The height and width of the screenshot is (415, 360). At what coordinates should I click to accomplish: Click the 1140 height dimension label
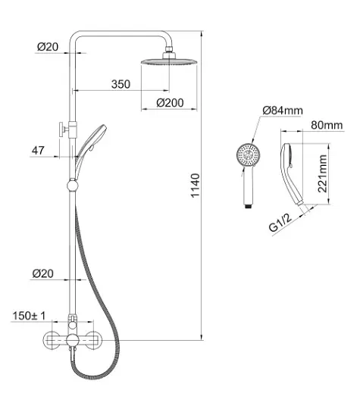pos(195,186)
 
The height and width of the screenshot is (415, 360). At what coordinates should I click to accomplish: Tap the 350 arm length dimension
pos(121,84)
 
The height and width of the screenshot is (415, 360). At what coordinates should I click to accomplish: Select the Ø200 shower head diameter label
pos(170,103)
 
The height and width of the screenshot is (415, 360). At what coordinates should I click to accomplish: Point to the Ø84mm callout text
pos(283,111)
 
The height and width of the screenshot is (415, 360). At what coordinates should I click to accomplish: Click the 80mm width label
pos(327,125)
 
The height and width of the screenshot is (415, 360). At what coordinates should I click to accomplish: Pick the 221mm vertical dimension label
pos(322,173)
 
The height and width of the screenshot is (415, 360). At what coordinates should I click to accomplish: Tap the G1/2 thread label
pos(280,223)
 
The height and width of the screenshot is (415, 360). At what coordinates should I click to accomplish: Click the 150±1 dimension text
pos(29,316)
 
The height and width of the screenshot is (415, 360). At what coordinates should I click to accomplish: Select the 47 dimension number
pos(38,151)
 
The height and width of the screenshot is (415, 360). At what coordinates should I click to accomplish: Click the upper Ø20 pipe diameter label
pos(48,47)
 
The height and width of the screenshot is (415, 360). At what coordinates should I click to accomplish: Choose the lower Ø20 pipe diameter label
pos(43,273)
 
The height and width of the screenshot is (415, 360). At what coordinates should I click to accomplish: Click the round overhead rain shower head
pos(169,62)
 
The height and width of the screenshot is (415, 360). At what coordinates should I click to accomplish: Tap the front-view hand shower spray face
pos(248,154)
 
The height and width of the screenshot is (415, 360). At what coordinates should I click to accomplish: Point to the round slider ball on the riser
pos(72,186)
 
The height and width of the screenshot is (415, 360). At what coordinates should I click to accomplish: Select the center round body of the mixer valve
pos(72,340)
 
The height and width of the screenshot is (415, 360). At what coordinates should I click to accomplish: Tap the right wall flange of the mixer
pos(92,340)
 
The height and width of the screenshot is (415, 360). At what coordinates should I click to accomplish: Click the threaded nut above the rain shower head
pos(169,49)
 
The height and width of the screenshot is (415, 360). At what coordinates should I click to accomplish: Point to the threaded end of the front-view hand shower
pos(249,205)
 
